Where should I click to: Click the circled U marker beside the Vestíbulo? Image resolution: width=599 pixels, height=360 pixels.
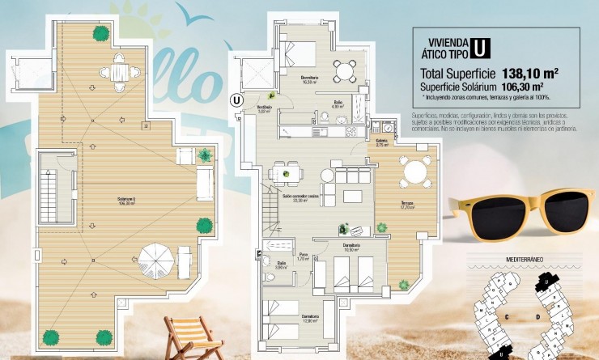pyautogui.click(x=236, y=100)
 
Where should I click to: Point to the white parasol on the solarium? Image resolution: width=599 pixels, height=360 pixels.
pyautogui.click(x=156, y=260)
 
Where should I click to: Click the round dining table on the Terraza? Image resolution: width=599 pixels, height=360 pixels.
pyautogui.click(x=415, y=171)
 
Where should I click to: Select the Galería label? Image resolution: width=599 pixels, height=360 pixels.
pyautogui.click(x=383, y=142)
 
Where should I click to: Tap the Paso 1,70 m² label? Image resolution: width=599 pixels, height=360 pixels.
pyautogui.click(x=304, y=257)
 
